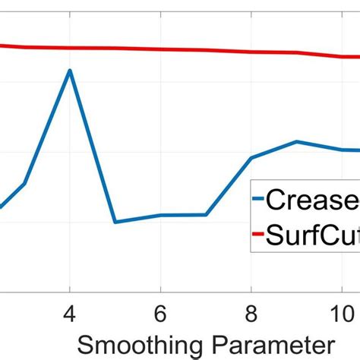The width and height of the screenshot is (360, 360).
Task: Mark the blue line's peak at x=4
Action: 70,71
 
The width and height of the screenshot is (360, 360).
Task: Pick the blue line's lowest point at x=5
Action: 115,222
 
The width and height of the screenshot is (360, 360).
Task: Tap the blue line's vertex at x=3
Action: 25,183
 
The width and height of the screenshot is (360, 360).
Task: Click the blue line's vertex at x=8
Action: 251,158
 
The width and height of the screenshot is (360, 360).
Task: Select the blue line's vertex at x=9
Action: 296,141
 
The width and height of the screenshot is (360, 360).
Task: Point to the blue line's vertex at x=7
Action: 206,215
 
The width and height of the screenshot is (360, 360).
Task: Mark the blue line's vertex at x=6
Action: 160,215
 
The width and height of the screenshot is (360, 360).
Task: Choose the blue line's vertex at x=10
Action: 341,150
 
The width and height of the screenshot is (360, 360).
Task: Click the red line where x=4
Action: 70,48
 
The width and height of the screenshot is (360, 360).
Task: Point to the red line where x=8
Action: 251,52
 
